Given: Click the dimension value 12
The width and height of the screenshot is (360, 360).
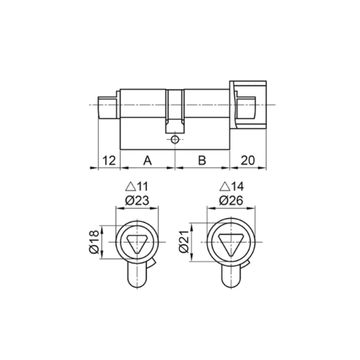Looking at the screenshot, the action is coord(109,160).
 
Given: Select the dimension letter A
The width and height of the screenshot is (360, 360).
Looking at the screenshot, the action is coord(148,160).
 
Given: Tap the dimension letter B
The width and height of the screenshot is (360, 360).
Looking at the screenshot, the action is coord(202,160).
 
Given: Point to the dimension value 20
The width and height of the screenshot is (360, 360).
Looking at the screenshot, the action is coord(248,160).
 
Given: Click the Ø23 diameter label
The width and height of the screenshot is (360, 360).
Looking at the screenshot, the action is coord(137,200).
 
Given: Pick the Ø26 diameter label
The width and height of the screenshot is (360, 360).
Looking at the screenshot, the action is coord(231,200).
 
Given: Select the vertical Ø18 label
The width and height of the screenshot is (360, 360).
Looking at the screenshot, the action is coord(94,242).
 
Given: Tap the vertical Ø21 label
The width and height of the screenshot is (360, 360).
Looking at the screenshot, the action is coord(184,242).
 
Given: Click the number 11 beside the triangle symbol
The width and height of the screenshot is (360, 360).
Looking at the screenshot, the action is coord(142,187).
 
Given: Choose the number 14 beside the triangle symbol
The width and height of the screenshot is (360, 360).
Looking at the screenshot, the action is coord(237,187).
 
